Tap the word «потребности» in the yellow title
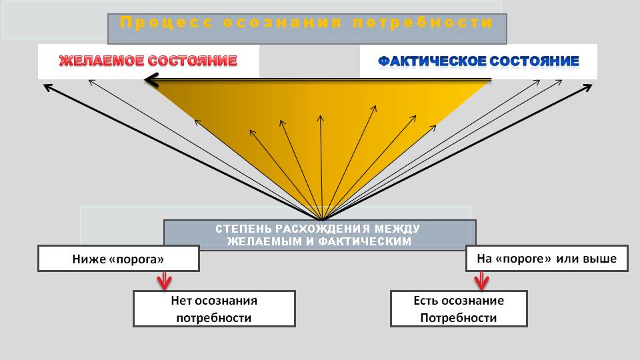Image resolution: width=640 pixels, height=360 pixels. pyautogui.click(x=423, y=22)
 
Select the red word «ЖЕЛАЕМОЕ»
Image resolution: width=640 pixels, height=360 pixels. pyautogui.click(x=101, y=61)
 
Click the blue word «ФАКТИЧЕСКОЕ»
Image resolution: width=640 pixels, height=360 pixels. pyautogui.click(x=431, y=61)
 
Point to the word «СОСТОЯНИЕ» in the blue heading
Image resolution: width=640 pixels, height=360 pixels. pyautogui.click(x=534, y=61)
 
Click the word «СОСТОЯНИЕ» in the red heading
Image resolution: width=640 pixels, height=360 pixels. pyautogui.click(x=192, y=61)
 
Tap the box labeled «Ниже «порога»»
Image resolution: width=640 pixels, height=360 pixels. pyautogui.click(x=119, y=259)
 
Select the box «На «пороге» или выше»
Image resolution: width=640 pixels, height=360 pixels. pyautogui.click(x=547, y=259)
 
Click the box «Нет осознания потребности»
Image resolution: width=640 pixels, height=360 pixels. pyautogui.click(x=214, y=309)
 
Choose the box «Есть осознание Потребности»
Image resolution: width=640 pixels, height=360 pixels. pyautogui.click(x=459, y=309)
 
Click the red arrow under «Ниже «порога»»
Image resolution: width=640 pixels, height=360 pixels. pyautogui.click(x=164, y=281)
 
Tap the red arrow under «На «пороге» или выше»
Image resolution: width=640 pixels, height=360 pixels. pyautogui.click(x=481, y=281)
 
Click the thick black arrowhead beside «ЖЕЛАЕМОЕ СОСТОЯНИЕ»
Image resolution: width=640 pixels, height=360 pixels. pyautogui.click(x=151, y=80)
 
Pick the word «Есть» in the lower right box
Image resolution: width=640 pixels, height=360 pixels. pyautogui.click(x=425, y=301)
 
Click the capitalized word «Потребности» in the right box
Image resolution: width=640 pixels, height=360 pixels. pyautogui.click(x=459, y=318)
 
